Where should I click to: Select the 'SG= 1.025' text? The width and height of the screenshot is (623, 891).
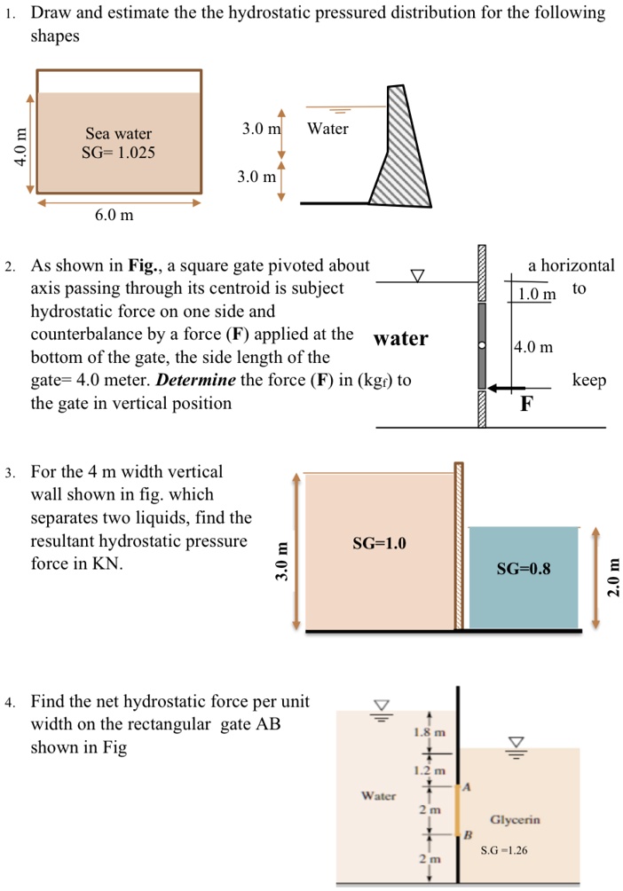click(x=118, y=153)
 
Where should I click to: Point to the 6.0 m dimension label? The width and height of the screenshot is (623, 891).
click(x=114, y=215)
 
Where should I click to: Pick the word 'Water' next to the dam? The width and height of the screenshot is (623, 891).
click(x=327, y=130)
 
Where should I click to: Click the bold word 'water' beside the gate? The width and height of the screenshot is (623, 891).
click(x=401, y=339)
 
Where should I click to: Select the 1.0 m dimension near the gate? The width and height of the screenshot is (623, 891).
click(x=536, y=294)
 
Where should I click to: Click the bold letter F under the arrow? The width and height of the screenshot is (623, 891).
click(x=526, y=406)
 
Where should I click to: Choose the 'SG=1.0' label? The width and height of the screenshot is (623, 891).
click(x=379, y=543)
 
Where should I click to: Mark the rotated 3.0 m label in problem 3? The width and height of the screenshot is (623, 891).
click(x=283, y=562)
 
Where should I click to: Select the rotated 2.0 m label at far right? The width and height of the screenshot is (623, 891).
click(x=611, y=578)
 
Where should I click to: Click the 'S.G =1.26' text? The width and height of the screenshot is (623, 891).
click(x=504, y=850)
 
